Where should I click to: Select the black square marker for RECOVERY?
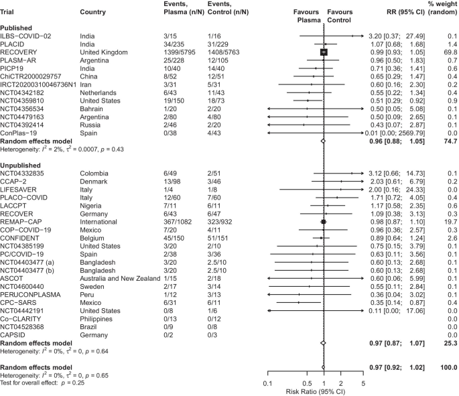click(x=323, y=51)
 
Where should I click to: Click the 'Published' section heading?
click(x=18, y=27)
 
